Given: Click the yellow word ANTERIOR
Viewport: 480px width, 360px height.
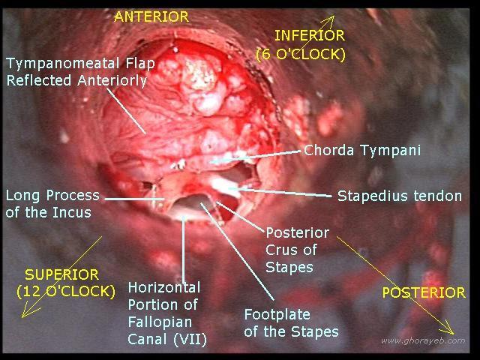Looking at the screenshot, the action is coord(151,16).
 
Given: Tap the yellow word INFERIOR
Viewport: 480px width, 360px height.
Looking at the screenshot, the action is coord(310,35).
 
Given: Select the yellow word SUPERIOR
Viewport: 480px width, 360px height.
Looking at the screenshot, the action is coord(61,274).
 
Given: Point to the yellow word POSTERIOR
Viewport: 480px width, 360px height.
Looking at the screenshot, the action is coord(424,292).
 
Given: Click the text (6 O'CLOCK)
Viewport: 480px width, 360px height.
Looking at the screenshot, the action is coord(301,55).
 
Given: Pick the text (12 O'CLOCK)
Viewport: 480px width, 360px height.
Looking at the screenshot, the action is coord(66,292).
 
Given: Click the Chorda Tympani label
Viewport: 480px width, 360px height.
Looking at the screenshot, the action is coord(362,151).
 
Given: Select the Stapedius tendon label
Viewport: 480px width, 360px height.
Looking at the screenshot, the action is coord(400,196).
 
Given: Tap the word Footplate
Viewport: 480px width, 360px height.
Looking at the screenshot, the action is coord(277,315).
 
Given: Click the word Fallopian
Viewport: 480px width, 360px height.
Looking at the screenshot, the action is coord(160,322).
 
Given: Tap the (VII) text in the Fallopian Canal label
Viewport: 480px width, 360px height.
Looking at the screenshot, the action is coord(190,340).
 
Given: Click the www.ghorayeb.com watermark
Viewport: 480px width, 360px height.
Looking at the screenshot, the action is coord(423,341).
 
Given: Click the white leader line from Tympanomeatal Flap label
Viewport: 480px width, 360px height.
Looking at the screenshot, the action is coord(126,111).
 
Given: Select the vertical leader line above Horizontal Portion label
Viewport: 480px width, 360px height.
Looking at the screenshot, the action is coord(184,249).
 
